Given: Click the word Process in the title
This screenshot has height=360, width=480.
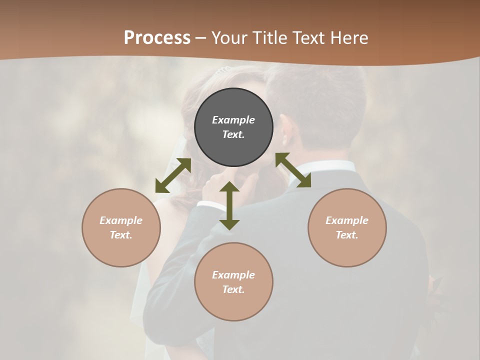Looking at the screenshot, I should [157, 38].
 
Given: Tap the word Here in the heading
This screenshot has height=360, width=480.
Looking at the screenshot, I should [348, 38].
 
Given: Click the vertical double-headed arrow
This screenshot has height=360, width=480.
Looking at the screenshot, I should [229, 205].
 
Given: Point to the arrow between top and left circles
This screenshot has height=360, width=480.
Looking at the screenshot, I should [173, 175].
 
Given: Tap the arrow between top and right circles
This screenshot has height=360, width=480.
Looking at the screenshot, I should [293, 170].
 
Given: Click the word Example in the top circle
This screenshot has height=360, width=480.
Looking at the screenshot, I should [233, 120].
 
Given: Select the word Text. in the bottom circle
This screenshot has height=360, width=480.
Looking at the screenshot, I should [233, 289].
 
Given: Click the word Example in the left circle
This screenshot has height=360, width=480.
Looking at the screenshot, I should [121, 220].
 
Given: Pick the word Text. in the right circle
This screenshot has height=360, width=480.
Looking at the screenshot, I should [347, 235].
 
